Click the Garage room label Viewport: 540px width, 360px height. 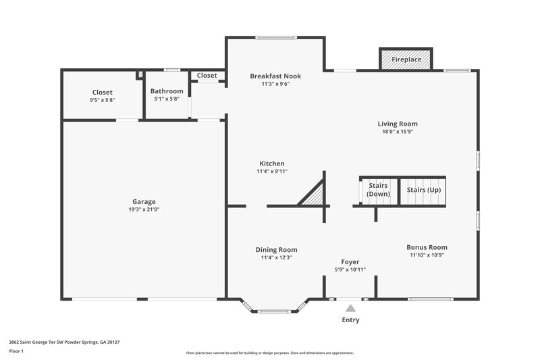pos(144,201)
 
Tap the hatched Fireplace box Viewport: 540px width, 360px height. pos(406,59)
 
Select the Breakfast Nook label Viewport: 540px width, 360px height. pos(275,76)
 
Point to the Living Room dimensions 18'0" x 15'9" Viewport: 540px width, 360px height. pos(398,132)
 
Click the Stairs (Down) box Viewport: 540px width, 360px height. pos(378,190)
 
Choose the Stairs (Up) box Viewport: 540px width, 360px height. pos(424,190)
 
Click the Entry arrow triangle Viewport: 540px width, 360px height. pos(350,308)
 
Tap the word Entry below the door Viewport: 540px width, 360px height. pos(350,320)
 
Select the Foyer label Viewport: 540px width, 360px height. pos(350,262)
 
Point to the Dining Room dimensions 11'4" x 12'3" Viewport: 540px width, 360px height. pos(276,257)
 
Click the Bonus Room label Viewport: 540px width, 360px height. pos(427,247)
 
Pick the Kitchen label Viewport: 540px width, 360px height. pos(272,163)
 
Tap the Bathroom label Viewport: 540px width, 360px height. pos(167,91)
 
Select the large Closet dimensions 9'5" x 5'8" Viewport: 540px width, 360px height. pos(103,100)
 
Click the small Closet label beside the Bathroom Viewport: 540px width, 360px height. pos(207,76)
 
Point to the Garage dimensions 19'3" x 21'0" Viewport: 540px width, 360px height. pos(144,209)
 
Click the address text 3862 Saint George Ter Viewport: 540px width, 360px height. pos(64,342)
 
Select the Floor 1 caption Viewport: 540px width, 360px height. pos(16,351)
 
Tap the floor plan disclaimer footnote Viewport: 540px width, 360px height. pos(270,353)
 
